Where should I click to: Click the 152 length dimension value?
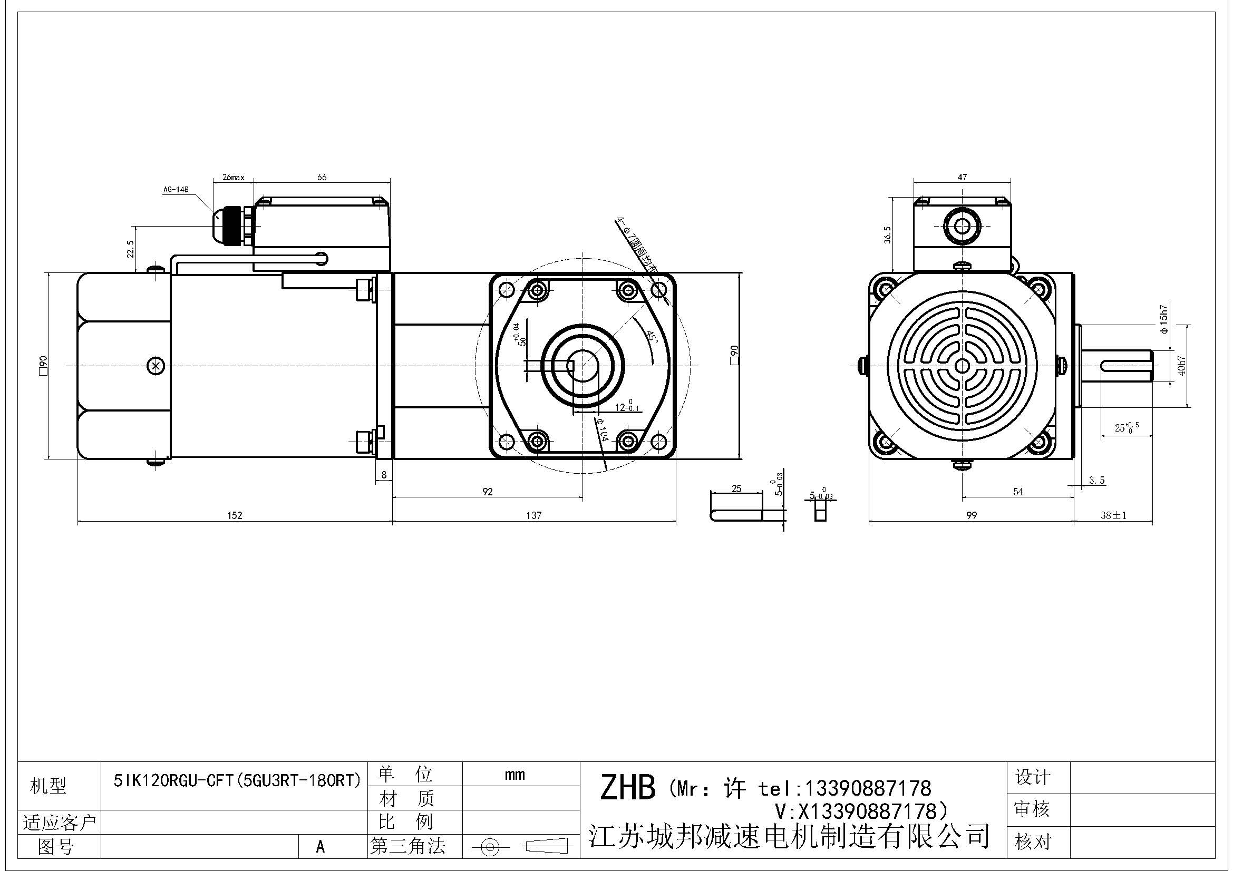click(x=235, y=515)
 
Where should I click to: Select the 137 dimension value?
click(x=534, y=515)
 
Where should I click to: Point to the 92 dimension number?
click(x=487, y=492)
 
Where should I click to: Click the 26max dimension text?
click(x=233, y=177)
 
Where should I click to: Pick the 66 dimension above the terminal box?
click(x=322, y=177)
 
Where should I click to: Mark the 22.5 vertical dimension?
click(x=131, y=249)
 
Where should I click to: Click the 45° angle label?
click(x=651, y=337)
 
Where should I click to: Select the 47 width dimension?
click(x=962, y=177)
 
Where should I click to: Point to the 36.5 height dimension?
click(x=887, y=234)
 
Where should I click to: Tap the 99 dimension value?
click(x=971, y=515)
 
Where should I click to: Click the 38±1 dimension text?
click(x=1113, y=515)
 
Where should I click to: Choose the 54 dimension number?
click(x=1017, y=492)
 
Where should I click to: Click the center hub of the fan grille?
click(x=962, y=366)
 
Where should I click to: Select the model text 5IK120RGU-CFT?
click(x=237, y=780)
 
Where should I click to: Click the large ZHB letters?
click(x=627, y=788)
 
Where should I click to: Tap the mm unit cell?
click(x=514, y=775)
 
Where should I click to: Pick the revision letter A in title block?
click(x=321, y=846)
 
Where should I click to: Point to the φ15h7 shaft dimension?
click(x=1164, y=319)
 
